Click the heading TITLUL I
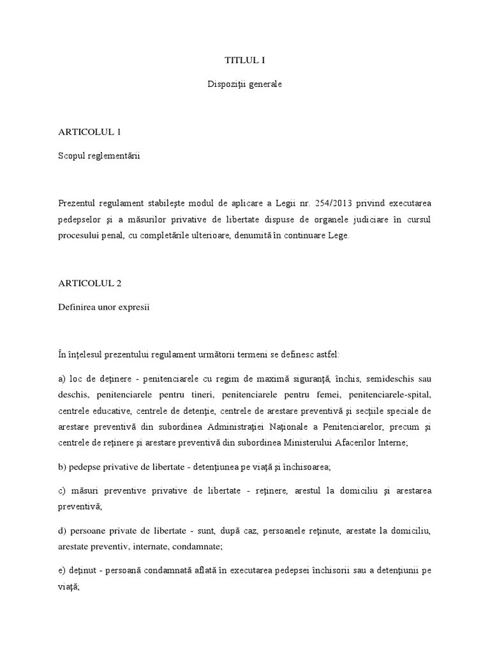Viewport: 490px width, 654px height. pos(244,61)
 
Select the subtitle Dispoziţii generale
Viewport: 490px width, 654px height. pos(244,84)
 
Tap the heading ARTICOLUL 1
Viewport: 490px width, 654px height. pos(89,132)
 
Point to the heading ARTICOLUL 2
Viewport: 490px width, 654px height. pos(89,283)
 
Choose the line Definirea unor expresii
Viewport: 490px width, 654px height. pos(103,306)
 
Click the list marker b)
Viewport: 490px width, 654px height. pos(62,467)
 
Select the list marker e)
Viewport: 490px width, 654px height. pos(62,570)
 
